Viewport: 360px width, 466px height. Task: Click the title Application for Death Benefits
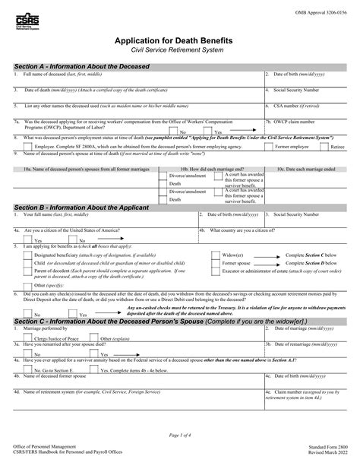coord(179,40)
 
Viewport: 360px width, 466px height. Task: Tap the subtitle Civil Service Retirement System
coord(179,49)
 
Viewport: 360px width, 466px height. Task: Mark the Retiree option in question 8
coord(338,144)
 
